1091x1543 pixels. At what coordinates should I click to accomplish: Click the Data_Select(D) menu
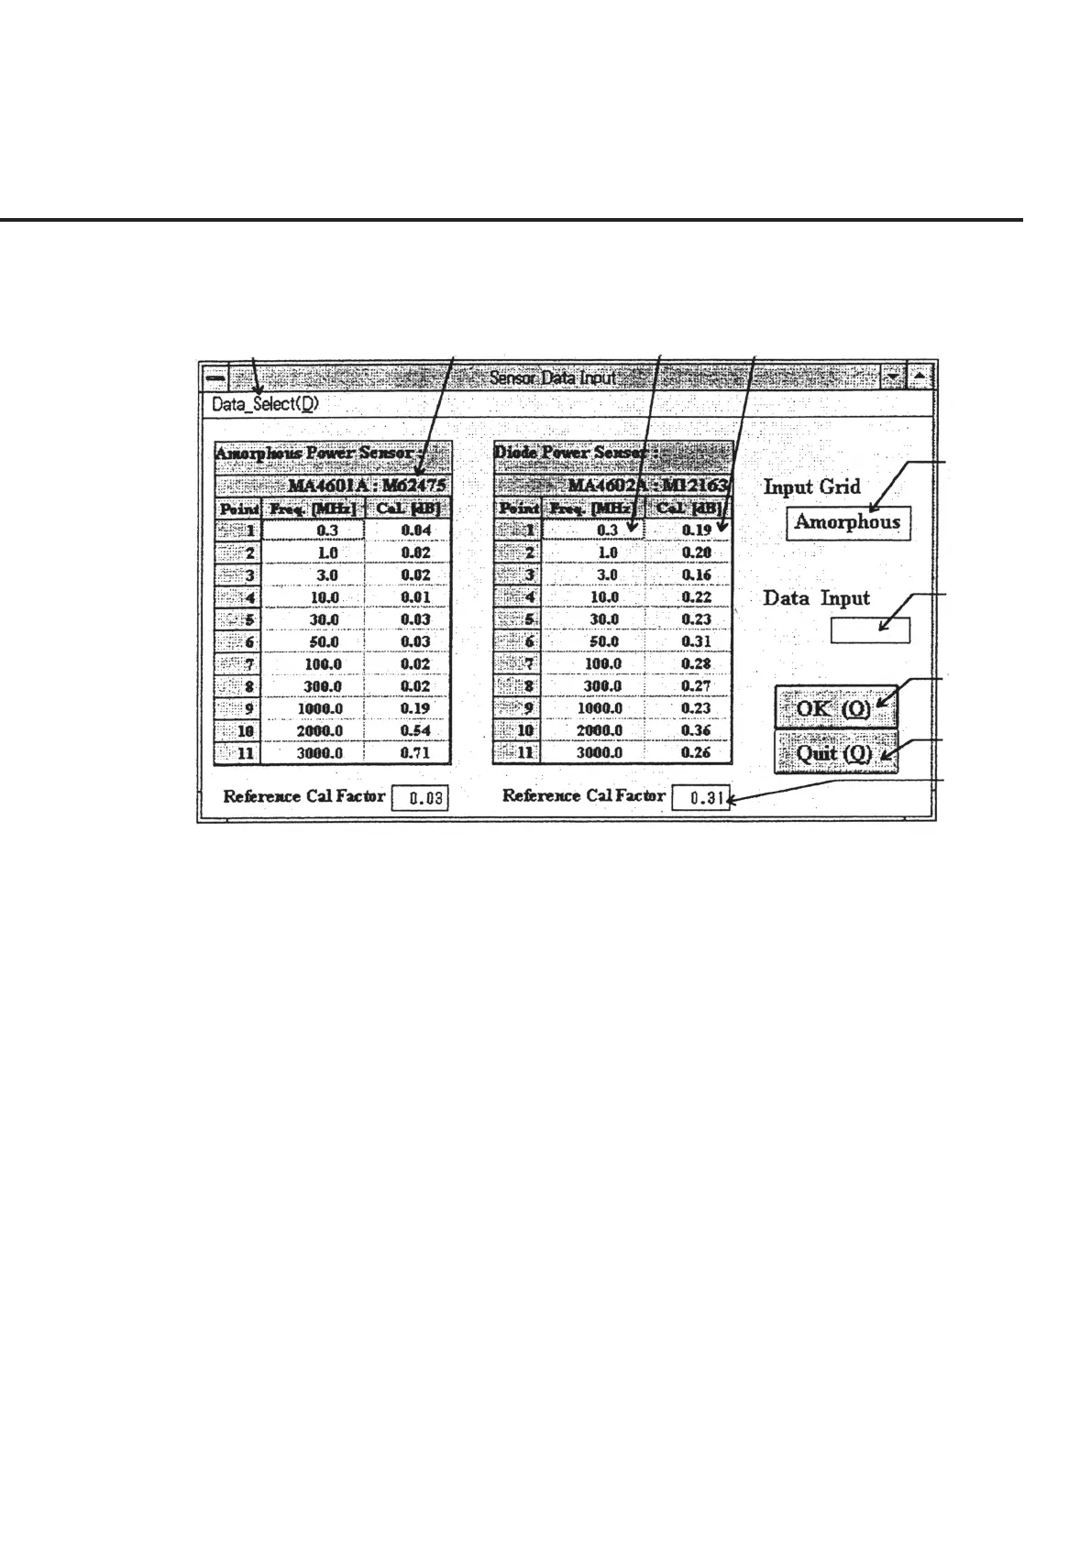265,404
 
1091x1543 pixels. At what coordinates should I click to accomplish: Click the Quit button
834,754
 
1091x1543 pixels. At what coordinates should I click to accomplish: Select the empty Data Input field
870,630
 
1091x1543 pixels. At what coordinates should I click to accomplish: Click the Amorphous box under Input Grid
847,523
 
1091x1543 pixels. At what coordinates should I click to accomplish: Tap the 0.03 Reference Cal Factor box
421,798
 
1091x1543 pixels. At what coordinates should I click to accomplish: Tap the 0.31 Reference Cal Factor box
700,798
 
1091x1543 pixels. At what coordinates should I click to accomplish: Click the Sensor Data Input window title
553,378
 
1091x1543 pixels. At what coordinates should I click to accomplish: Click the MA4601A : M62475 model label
367,486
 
